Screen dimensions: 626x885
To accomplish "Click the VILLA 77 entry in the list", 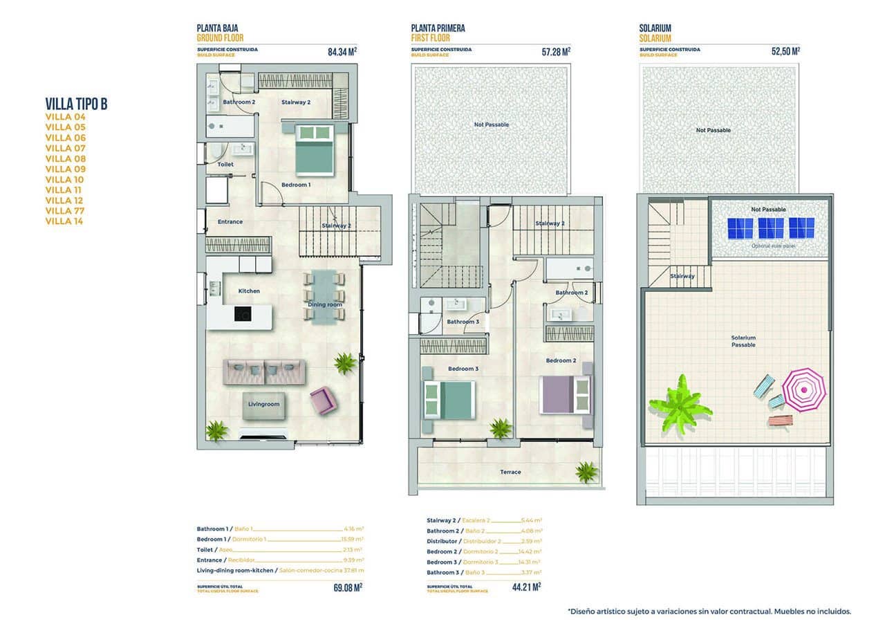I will click(x=65, y=211).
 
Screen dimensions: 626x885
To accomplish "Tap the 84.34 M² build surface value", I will click(x=342, y=50).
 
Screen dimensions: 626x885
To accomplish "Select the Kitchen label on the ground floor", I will click(x=249, y=291).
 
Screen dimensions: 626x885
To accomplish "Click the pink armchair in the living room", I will click(x=322, y=401).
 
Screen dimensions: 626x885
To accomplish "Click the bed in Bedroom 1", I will click(x=314, y=149).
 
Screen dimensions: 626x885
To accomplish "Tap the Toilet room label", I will click(x=225, y=165).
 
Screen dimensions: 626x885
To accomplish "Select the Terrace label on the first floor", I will click(x=510, y=472).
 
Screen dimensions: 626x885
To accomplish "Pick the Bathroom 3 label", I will click(x=463, y=322).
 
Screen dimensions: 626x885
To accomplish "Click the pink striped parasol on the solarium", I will click(x=803, y=389).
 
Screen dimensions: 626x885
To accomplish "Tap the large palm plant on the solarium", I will click(x=680, y=404).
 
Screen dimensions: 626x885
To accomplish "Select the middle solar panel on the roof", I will click(x=771, y=228).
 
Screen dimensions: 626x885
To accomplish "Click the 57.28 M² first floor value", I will click(x=556, y=50).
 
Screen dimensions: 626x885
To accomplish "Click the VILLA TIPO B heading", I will click(x=76, y=104).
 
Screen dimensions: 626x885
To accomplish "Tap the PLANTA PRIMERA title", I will click(x=438, y=28).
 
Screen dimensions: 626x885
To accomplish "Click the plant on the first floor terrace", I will click(x=586, y=472).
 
